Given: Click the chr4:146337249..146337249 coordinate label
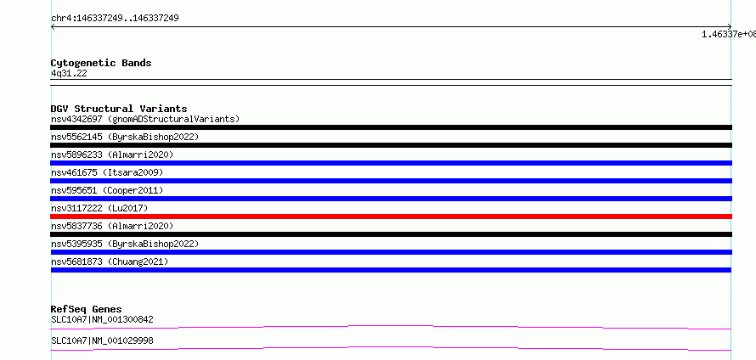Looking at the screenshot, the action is point(116,19).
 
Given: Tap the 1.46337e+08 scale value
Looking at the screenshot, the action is point(729,34).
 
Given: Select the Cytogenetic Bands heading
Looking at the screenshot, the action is point(101,63).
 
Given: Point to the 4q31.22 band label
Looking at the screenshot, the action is point(69,74).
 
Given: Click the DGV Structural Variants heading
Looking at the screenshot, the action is point(119,109).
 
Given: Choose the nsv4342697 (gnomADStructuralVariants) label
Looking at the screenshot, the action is point(145,119).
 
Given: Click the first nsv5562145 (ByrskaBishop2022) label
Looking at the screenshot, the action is point(125,137).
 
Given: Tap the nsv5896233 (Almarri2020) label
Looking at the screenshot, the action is point(112,155).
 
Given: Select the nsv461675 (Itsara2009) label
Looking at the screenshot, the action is point(107,172).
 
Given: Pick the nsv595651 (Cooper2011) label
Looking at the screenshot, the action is point(107,190).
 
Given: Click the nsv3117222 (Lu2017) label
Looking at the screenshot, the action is point(99,208).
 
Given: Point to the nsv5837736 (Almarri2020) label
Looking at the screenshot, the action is point(112,226).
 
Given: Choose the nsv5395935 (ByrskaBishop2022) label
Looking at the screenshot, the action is point(125,244).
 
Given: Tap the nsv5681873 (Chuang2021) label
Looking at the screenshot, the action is point(110,262).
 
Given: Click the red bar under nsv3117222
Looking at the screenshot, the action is point(391,217).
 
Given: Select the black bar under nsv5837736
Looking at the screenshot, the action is point(391,234).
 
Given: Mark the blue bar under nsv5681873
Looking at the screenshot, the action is point(391,270).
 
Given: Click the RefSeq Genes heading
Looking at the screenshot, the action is point(87,309).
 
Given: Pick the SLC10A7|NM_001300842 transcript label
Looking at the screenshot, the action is point(102,319).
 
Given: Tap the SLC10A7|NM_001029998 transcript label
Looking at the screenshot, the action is point(102,340).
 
